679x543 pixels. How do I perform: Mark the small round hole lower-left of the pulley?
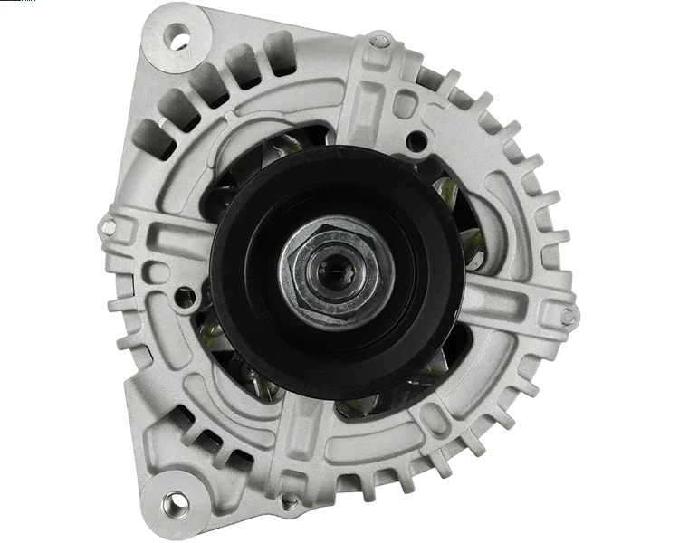(186, 293)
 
